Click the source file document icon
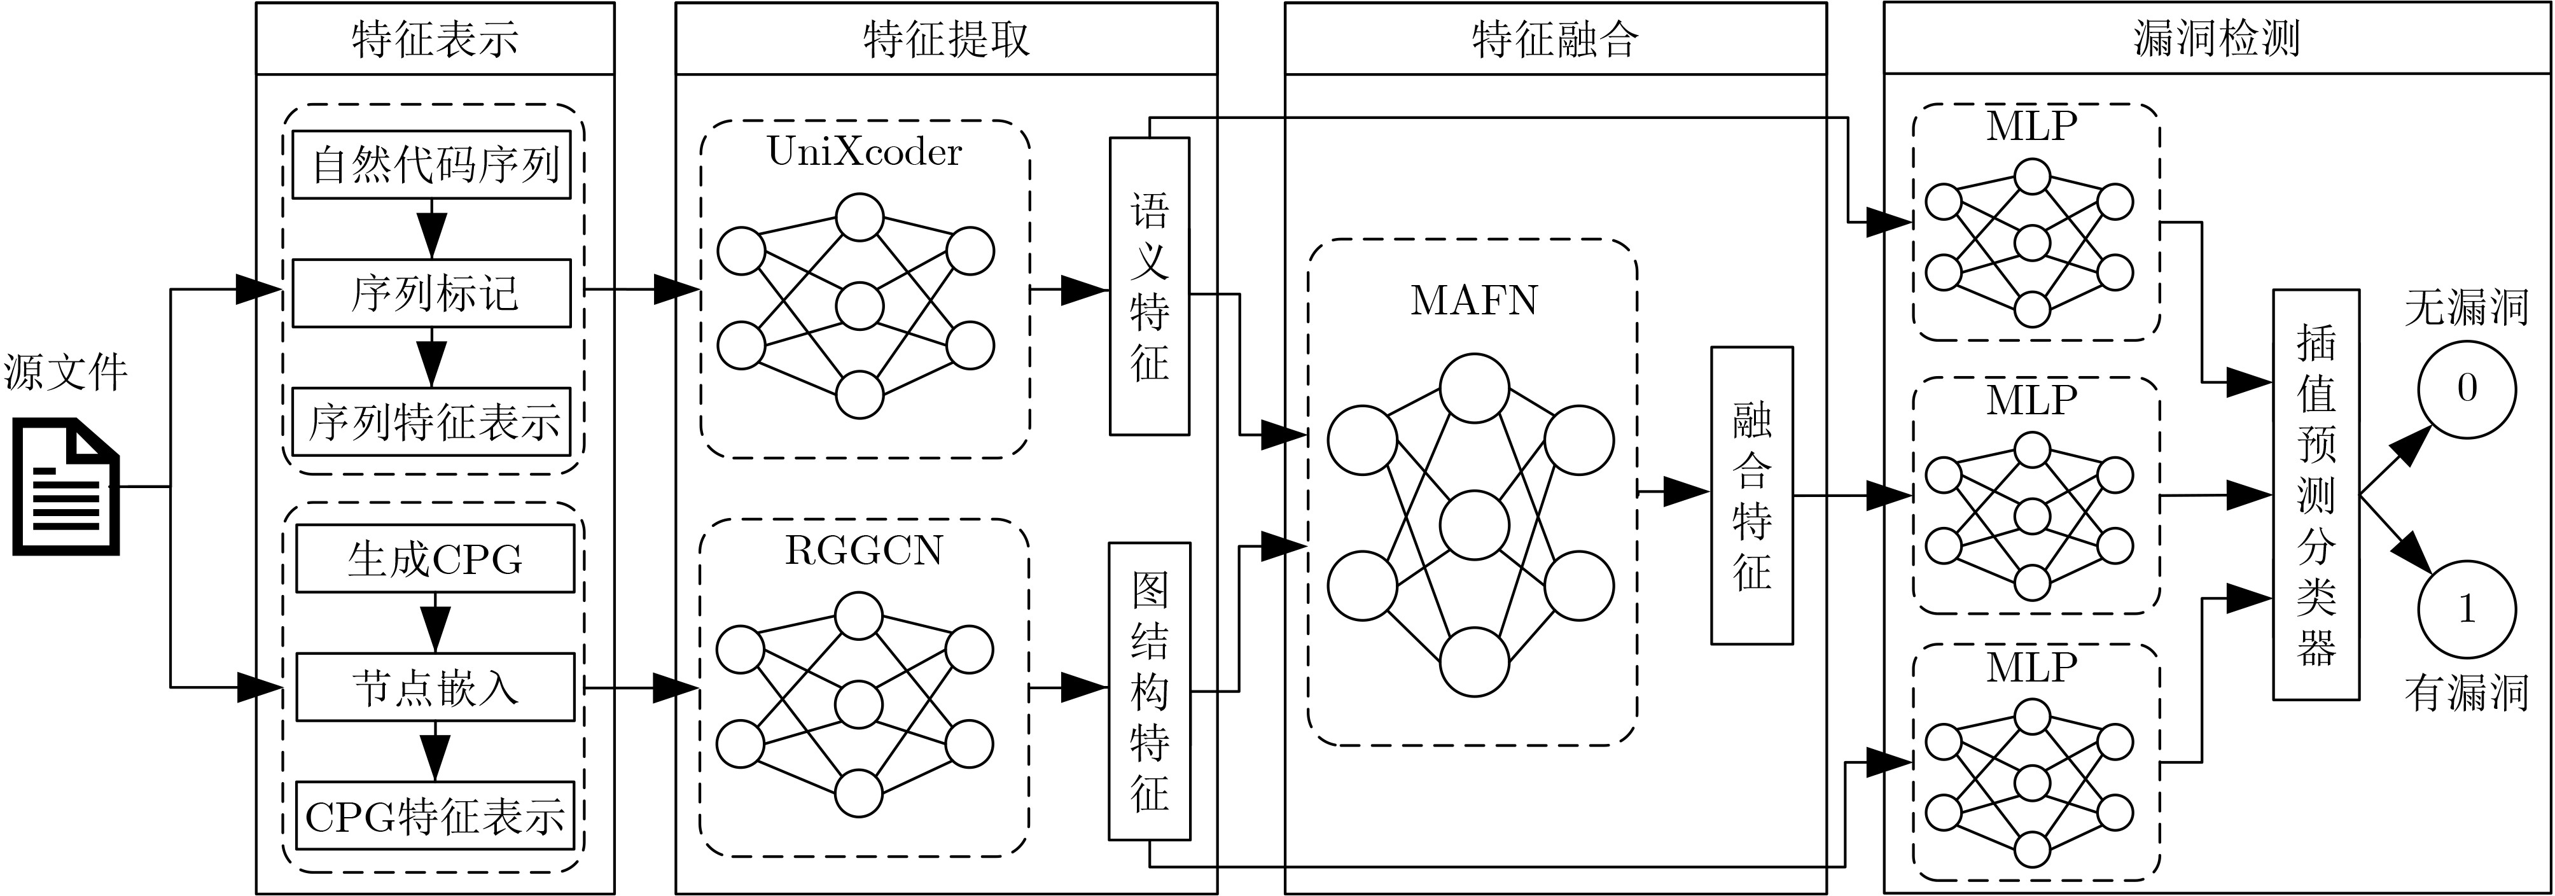pyautogui.click(x=66, y=486)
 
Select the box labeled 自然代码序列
pyautogui.click(x=433, y=165)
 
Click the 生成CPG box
pyautogui.click(x=435, y=559)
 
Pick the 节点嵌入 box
pyautogui.click(x=435, y=687)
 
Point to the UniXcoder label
pyautogui.click(x=864, y=152)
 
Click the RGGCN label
pyautogui.click(x=864, y=550)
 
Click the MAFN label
pyautogui.click(x=1474, y=300)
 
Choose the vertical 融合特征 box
pyautogui.click(x=1751, y=495)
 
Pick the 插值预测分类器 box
pyautogui.click(x=2315, y=494)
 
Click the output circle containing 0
pyautogui.click(x=2467, y=389)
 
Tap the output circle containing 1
pyautogui.click(x=2467, y=608)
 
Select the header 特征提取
pyautogui.click(x=946, y=39)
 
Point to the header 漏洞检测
pyautogui.click(x=2216, y=39)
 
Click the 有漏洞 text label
pyautogui.click(x=2466, y=692)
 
